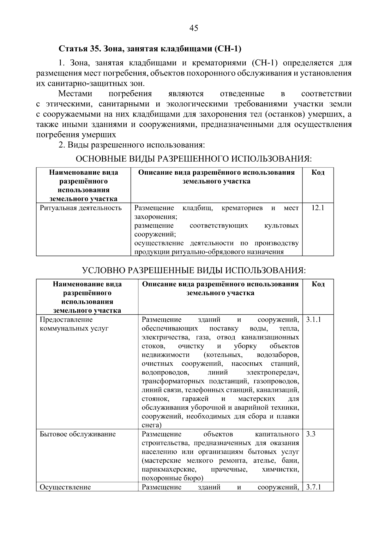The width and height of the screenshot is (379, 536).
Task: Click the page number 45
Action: [194, 28]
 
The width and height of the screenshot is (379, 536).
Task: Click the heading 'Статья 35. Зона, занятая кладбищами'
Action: [150, 49]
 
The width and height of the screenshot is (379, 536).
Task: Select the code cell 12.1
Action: [318, 208]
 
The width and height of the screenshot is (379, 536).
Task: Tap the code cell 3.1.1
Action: [314, 319]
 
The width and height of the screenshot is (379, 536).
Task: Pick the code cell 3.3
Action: [311, 434]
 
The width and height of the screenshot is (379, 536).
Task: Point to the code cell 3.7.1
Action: [314, 487]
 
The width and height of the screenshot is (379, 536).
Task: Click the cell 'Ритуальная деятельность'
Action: [81, 208]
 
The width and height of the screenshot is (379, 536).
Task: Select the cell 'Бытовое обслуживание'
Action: [78, 434]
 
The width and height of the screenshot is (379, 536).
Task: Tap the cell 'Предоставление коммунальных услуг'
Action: [74, 324]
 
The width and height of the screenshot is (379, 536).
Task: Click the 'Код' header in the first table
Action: [318, 172]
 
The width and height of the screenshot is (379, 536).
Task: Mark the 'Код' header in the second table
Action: [318, 284]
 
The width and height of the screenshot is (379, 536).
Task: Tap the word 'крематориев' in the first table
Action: [242, 208]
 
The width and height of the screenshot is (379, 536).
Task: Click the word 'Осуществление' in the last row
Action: [65, 487]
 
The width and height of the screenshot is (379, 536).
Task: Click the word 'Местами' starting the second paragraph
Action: [75, 94]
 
